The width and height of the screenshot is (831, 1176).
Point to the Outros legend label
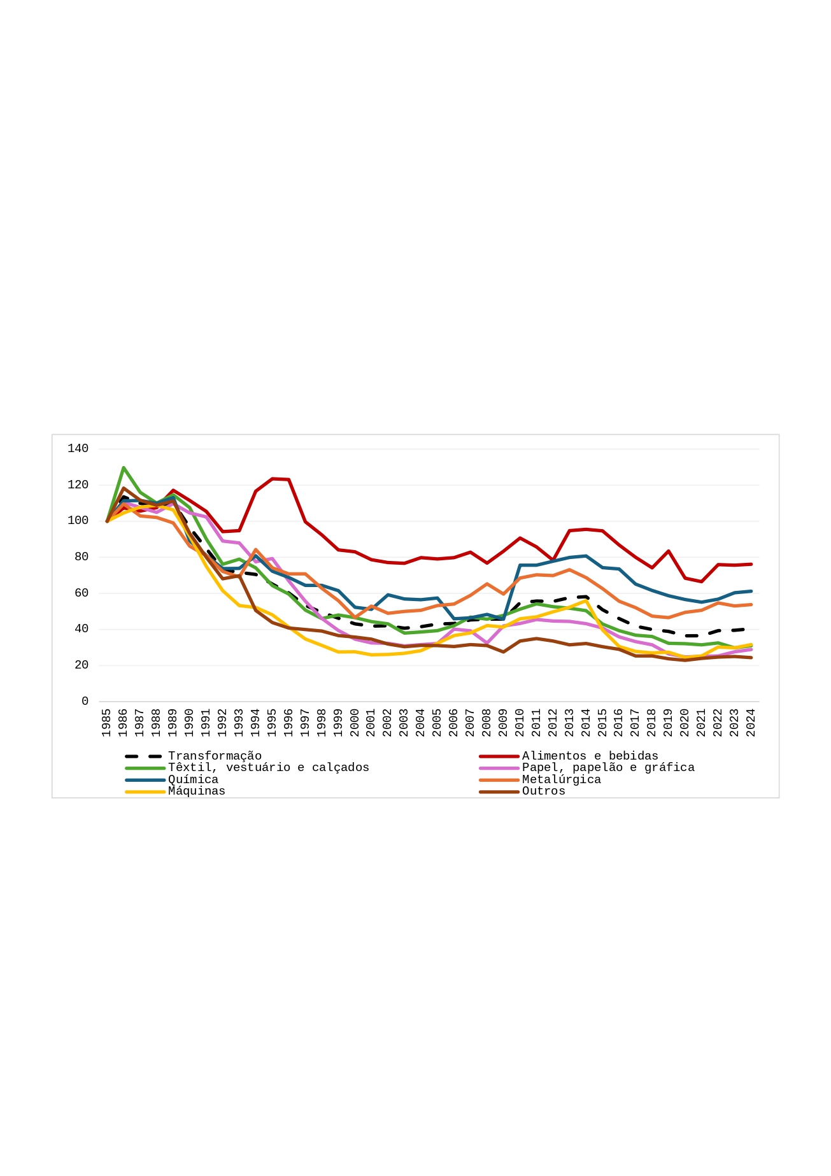(x=543, y=791)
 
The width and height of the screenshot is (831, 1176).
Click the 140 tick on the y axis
(x=78, y=449)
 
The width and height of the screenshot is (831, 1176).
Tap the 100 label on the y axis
(x=78, y=521)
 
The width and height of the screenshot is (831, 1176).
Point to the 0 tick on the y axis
(x=85, y=701)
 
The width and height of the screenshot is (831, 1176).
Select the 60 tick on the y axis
(x=82, y=593)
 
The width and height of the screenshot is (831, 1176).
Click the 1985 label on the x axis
(x=106, y=723)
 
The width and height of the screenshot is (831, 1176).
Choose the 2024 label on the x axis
(x=751, y=723)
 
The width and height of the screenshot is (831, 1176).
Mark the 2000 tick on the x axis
(x=355, y=723)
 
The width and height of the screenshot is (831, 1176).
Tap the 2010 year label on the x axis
(x=520, y=723)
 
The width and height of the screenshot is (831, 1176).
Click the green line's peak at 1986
(x=124, y=467)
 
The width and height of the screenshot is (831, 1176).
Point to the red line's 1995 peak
(x=273, y=478)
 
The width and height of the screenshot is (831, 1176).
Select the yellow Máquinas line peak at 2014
(x=586, y=600)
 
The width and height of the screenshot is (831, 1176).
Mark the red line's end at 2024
(x=751, y=564)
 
